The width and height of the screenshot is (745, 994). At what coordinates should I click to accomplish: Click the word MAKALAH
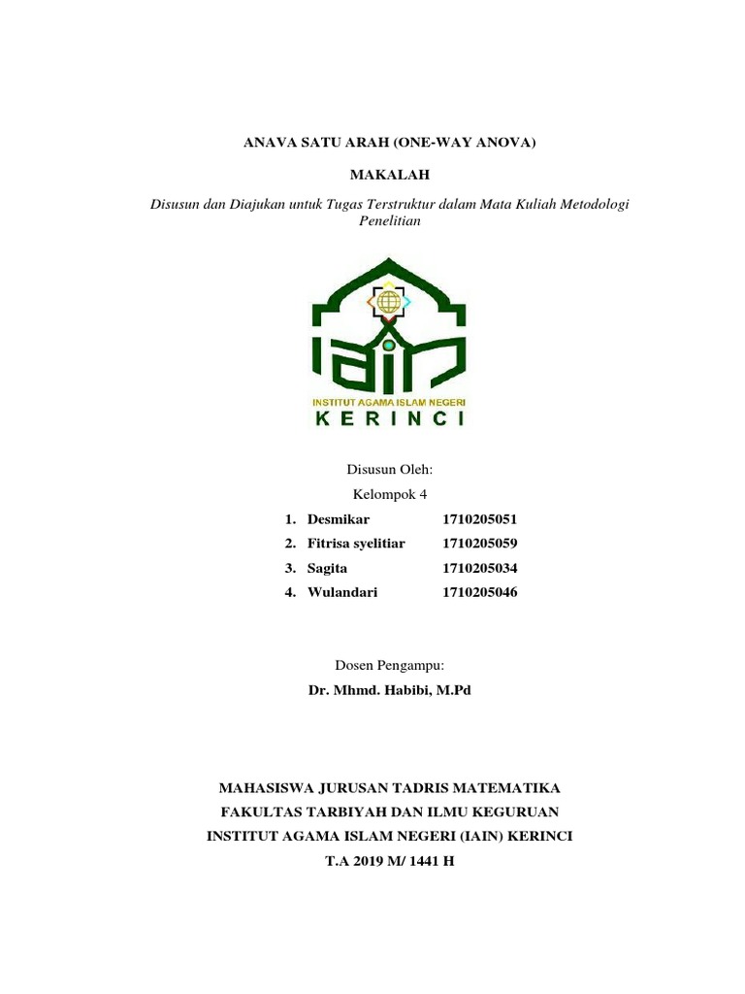(x=388, y=174)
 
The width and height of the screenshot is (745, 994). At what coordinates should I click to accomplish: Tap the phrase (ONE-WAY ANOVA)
(x=465, y=143)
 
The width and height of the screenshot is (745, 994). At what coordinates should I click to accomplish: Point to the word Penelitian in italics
(x=389, y=220)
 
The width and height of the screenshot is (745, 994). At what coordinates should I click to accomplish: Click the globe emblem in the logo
(x=389, y=302)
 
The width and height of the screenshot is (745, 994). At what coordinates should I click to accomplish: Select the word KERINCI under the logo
(x=389, y=419)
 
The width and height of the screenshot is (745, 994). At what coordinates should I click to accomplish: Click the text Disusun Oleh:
(x=389, y=469)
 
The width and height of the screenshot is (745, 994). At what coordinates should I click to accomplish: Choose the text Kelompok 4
(x=389, y=494)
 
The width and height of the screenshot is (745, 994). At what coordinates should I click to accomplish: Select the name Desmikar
(x=339, y=519)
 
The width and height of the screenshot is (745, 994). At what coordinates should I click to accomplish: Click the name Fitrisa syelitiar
(x=356, y=544)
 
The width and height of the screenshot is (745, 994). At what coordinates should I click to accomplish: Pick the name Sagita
(x=327, y=568)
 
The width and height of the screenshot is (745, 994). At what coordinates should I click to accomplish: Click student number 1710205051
(x=480, y=519)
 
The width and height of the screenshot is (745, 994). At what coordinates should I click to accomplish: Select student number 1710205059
(x=480, y=544)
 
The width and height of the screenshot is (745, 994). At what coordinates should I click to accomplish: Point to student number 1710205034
(x=480, y=568)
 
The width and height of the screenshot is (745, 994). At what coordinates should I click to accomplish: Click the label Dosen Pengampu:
(x=389, y=665)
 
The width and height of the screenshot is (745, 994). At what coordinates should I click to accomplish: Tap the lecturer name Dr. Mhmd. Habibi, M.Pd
(x=389, y=690)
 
